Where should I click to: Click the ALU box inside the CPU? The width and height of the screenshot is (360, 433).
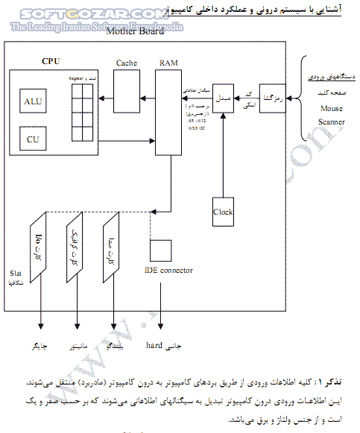click(33, 101)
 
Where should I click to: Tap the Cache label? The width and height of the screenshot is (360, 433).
click(126, 64)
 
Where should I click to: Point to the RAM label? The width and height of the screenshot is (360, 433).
click(168, 64)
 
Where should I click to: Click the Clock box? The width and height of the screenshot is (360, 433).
click(223, 212)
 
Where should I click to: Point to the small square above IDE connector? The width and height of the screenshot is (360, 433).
click(161, 249)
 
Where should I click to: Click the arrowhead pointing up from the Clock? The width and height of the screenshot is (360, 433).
click(223, 115)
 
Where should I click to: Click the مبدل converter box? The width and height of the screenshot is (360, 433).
click(223, 98)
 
